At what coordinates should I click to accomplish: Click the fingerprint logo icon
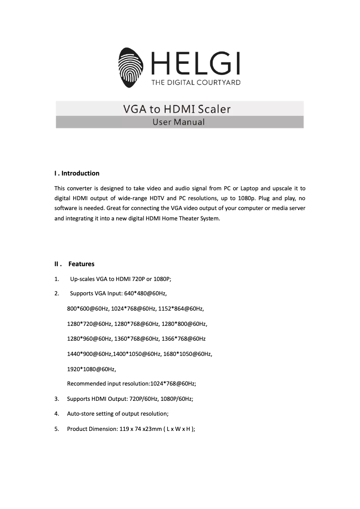[132, 67]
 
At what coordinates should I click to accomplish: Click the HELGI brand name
[196, 64]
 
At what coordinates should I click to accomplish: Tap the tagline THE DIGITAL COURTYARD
[196, 82]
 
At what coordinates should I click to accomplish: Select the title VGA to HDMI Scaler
[177, 109]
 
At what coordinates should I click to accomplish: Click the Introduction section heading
[77, 173]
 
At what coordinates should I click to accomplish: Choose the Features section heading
[81, 264]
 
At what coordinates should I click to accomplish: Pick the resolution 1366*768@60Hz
[184, 339]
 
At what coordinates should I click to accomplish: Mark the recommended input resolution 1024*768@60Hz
[173, 384]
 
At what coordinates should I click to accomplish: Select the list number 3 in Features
[57, 399]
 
